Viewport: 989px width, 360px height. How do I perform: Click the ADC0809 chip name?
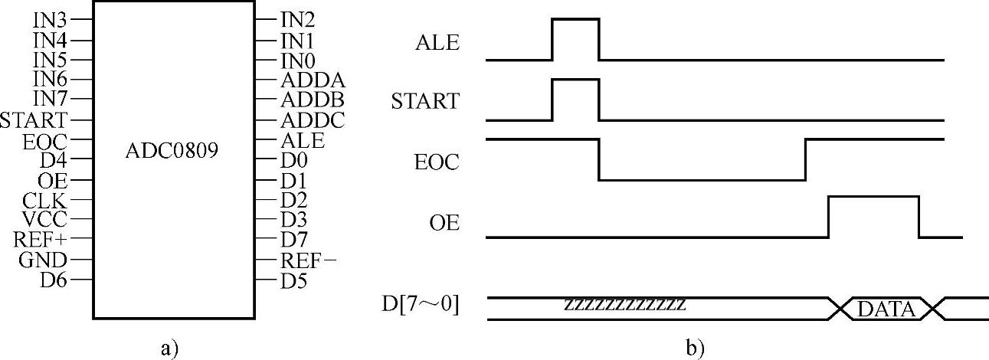(172, 152)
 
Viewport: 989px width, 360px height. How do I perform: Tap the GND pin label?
(45, 260)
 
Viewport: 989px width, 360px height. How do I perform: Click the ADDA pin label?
(313, 79)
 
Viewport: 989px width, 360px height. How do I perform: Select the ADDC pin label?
(312, 120)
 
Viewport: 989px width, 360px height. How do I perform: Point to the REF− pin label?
(308, 260)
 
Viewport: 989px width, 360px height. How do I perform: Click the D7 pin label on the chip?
(293, 241)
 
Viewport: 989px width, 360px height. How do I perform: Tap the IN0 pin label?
(297, 59)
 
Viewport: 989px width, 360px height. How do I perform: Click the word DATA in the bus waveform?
(886, 309)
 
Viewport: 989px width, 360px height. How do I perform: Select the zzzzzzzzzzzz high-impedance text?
(624, 303)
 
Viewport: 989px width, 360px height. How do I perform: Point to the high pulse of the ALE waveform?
(575, 19)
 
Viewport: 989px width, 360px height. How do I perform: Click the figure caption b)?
(694, 349)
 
